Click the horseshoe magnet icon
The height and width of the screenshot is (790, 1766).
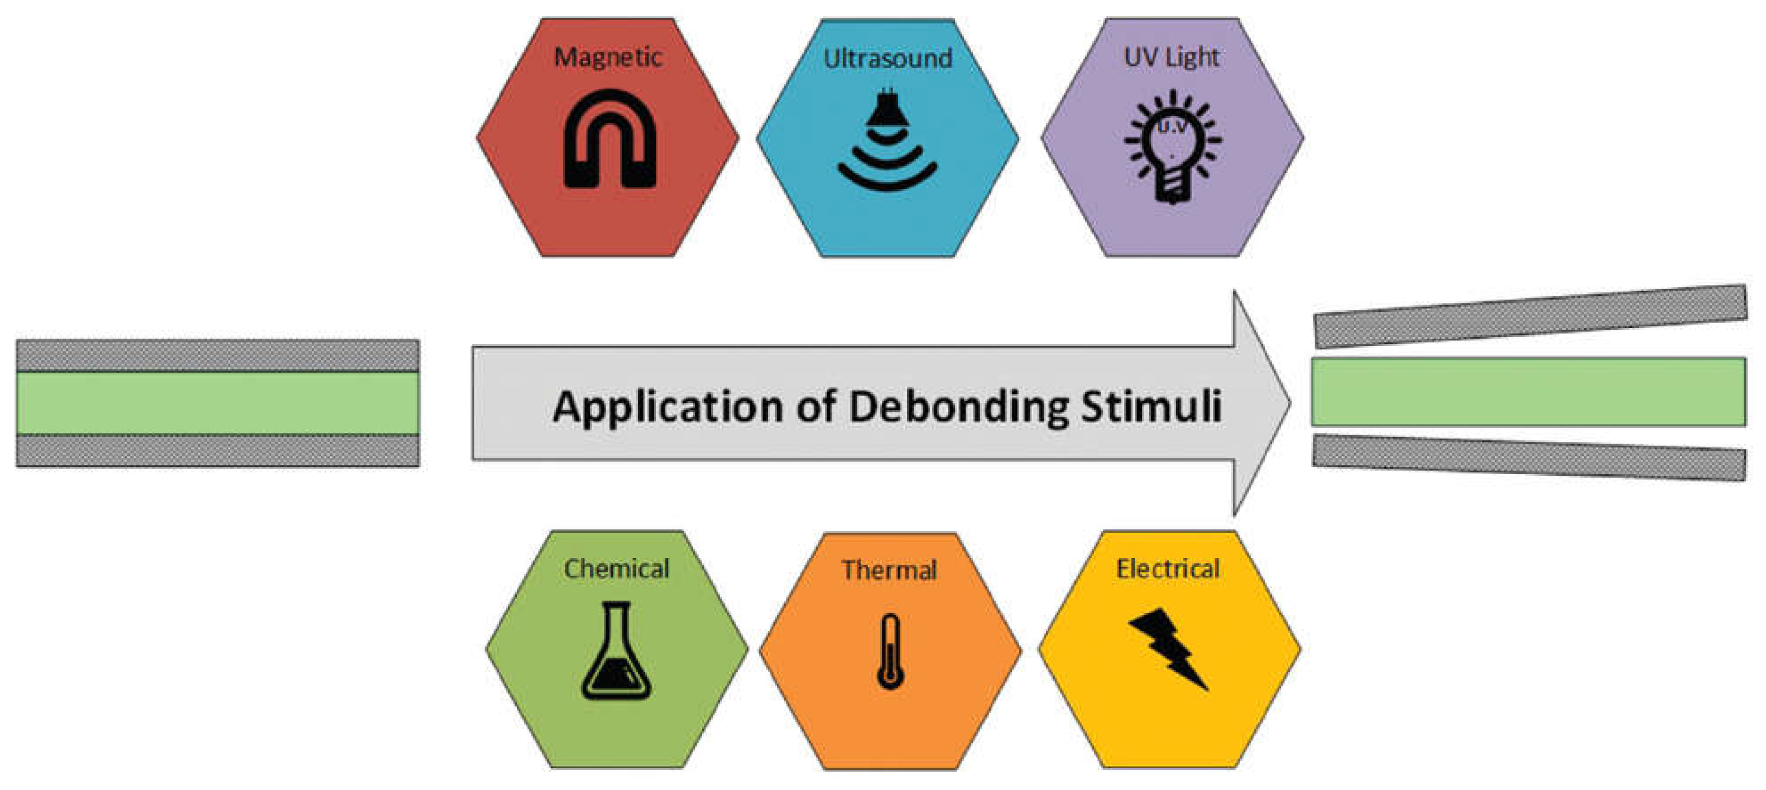click(x=610, y=140)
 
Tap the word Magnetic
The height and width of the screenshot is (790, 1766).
click(x=608, y=57)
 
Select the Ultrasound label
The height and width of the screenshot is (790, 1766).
click(x=888, y=58)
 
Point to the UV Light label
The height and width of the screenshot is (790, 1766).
click(x=1172, y=57)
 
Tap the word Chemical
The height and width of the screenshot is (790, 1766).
click(x=616, y=569)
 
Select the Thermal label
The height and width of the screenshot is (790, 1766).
click(x=889, y=570)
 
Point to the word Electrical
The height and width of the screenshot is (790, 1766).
click(x=1168, y=569)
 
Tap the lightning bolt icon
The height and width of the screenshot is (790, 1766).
click(x=1168, y=648)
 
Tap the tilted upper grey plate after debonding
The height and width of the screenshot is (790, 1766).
click(x=1529, y=316)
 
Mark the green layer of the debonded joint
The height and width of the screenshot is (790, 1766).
click(x=1528, y=391)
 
